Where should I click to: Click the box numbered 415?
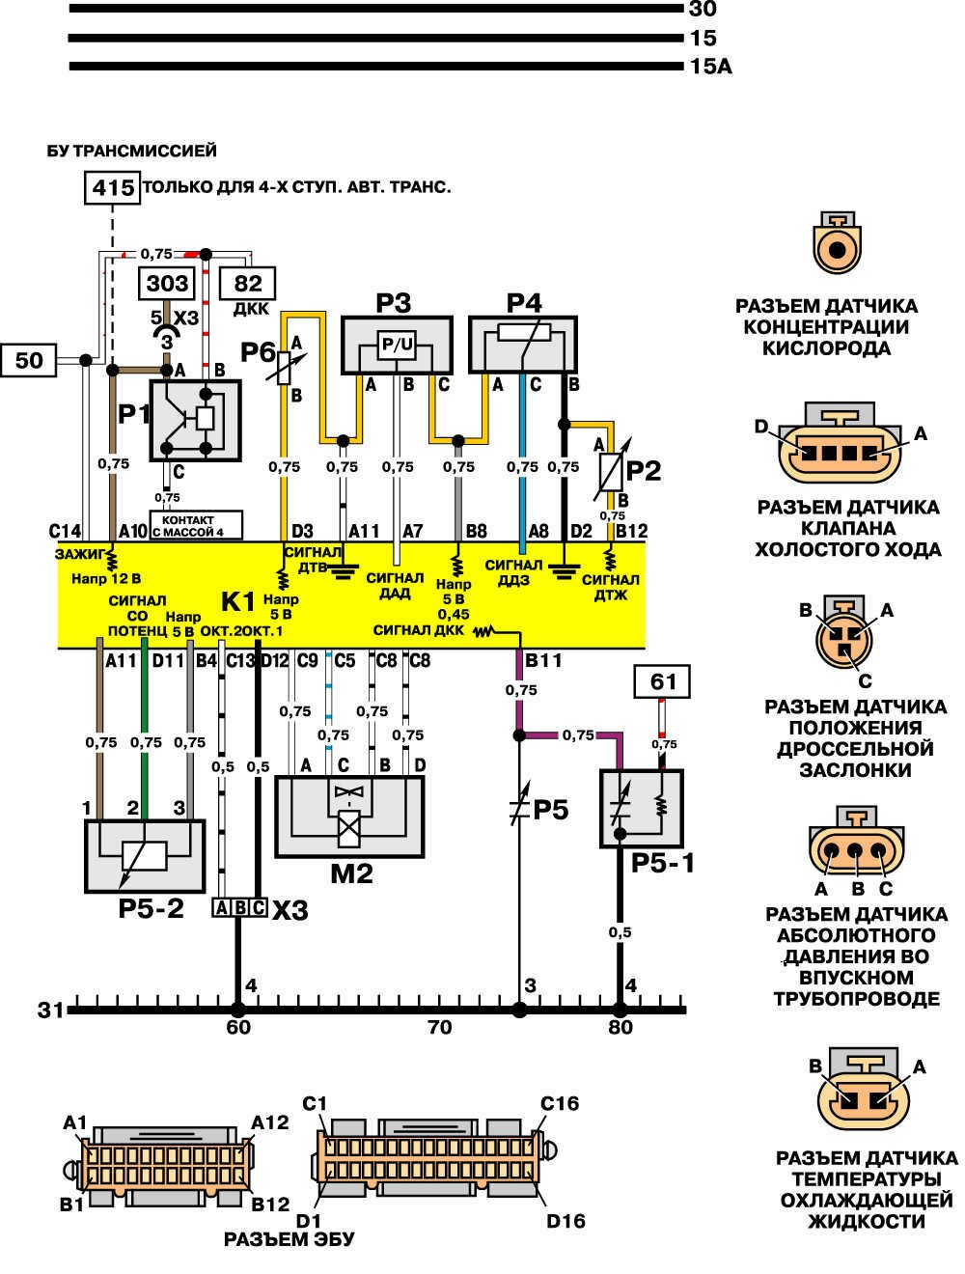pos(113,186)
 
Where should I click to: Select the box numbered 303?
pos(168,284)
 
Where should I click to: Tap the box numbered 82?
pos(248,284)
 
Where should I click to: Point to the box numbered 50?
pos(29,360)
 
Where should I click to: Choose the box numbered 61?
pos(663,682)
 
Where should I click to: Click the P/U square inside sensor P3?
pos(397,345)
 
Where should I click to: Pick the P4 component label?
pos(524,303)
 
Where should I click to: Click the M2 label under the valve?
pos(351,874)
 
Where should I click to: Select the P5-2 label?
pos(151,908)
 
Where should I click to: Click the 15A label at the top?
pos(710,67)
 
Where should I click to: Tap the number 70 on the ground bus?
pos(439,1028)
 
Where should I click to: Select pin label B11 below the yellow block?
pos(543,661)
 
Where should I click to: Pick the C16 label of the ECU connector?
pos(560,1103)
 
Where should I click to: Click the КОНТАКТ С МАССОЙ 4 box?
pos(196,526)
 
